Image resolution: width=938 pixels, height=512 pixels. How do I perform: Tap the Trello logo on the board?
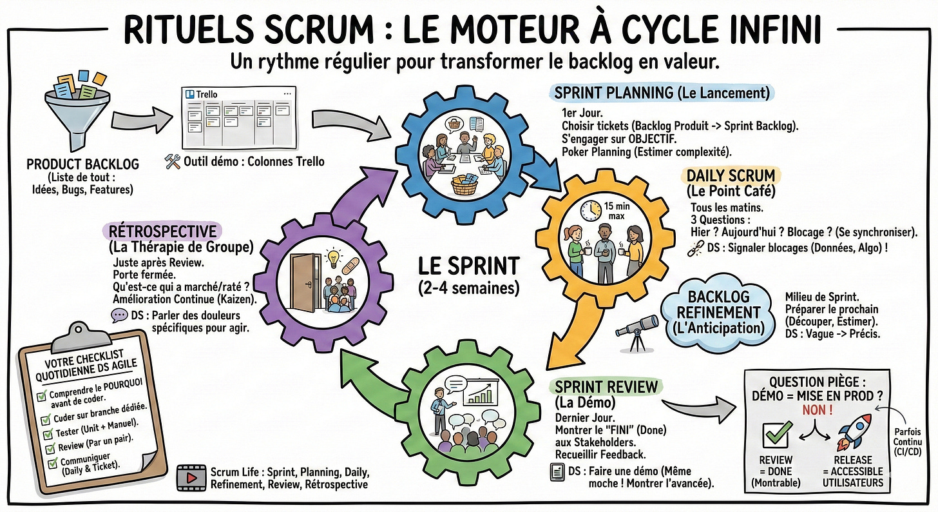[x=190, y=94]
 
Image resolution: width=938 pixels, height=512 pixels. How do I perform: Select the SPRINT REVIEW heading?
[x=606, y=388]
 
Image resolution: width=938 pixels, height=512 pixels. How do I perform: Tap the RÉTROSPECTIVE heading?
[x=163, y=230]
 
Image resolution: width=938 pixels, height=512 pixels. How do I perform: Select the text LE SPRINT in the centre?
[x=468, y=266]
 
